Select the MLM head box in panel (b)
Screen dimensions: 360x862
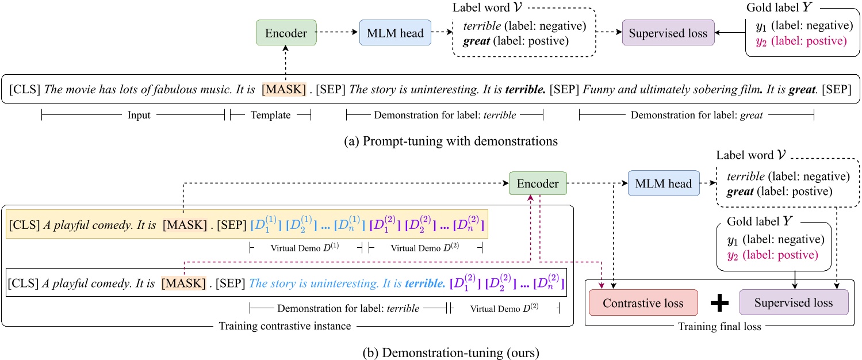click(x=664, y=184)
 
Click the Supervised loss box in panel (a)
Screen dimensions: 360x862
click(x=668, y=33)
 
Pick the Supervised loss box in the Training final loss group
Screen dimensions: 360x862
click(x=794, y=302)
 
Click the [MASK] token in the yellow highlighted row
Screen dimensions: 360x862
click(x=184, y=224)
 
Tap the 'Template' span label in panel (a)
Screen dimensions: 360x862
click(x=270, y=115)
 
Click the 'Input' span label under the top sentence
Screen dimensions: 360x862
click(x=138, y=115)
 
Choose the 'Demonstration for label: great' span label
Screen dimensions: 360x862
click(x=696, y=115)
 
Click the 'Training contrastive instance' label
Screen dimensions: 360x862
click(x=285, y=326)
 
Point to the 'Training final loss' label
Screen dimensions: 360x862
click(x=719, y=327)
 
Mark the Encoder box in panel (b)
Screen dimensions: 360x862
click(x=538, y=184)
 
